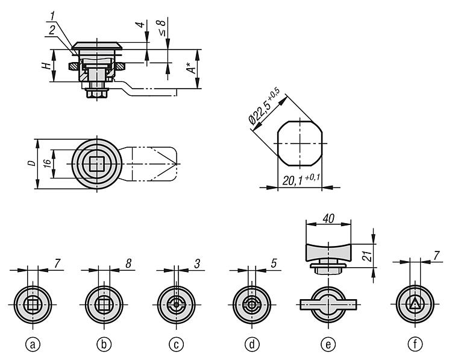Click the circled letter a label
click(x=33, y=344)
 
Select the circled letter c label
click(x=177, y=344)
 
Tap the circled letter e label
click(x=328, y=344)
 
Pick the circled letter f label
click(x=415, y=344)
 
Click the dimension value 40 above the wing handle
click(x=328, y=218)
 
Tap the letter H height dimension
click(x=46, y=66)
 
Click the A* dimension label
click(x=191, y=68)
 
